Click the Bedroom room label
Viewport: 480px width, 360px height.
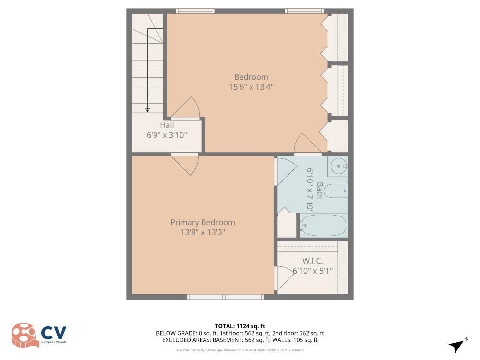(251, 77)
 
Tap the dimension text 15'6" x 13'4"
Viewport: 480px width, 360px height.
(251, 87)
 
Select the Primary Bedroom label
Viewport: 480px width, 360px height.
(203, 222)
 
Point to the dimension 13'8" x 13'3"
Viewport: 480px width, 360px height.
(203, 232)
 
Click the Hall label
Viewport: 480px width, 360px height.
(167, 125)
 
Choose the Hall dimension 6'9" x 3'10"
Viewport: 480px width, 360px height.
(167, 135)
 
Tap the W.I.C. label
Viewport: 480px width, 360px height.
(312, 261)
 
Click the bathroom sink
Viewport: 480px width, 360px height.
(339, 167)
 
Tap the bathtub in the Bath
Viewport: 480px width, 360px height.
(323, 225)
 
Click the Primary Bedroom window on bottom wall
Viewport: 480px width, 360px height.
(225, 297)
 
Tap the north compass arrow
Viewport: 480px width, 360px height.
(457, 345)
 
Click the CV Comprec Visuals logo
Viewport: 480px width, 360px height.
(39, 335)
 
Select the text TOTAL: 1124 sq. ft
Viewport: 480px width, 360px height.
(240, 326)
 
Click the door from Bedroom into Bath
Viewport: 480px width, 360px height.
(305, 143)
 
